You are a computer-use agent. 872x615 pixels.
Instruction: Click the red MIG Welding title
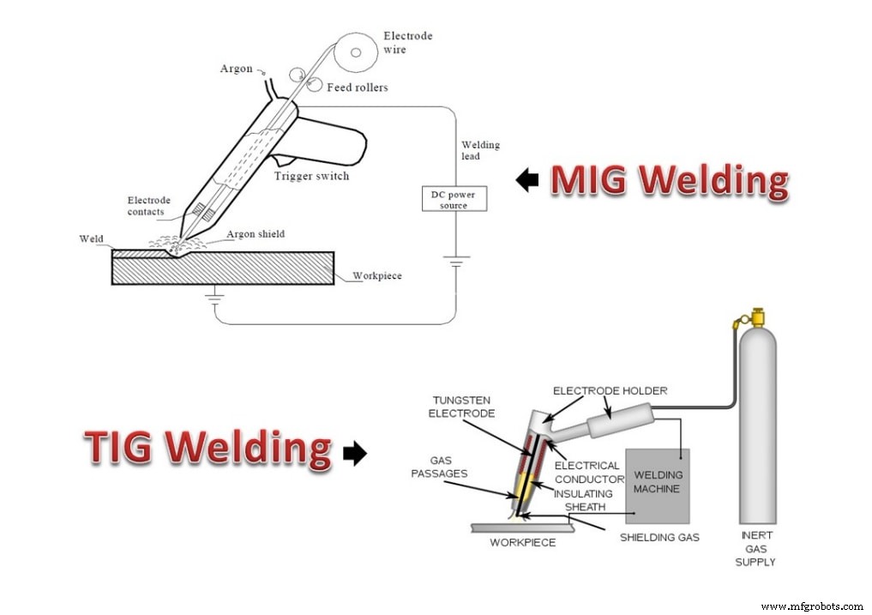pyautogui.click(x=668, y=180)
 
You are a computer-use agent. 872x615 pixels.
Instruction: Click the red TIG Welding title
pyautogui.click(x=207, y=449)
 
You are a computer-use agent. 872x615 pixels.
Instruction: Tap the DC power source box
pyautogui.click(x=454, y=199)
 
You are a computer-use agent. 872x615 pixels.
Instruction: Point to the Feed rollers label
pyautogui.click(x=357, y=87)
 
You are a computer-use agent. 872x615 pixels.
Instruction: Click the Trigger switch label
pyautogui.click(x=311, y=177)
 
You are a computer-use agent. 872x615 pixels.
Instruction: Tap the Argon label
pyautogui.click(x=237, y=69)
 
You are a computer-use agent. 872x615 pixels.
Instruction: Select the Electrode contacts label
pyautogui.click(x=148, y=206)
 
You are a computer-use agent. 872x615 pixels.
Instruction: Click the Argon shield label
pyautogui.click(x=256, y=234)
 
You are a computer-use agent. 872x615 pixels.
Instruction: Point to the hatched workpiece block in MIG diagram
pyautogui.click(x=223, y=268)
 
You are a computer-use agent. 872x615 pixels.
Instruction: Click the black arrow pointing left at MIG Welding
pyautogui.click(x=527, y=179)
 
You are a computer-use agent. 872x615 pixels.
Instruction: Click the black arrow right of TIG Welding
pyautogui.click(x=354, y=454)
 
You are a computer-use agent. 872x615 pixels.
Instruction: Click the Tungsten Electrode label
pyautogui.click(x=464, y=407)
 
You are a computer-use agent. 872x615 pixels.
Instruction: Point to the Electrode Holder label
pyautogui.click(x=610, y=391)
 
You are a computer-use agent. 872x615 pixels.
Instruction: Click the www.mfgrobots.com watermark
pyautogui.click(x=812, y=606)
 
